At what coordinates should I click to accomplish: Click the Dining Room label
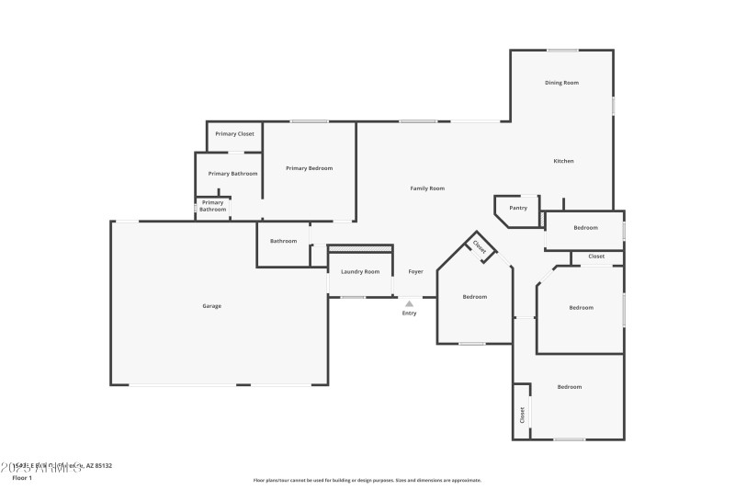coord(561,83)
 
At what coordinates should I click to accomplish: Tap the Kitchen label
coord(563,161)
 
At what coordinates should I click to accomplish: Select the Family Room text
coord(427,188)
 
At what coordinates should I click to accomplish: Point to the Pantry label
coord(518,208)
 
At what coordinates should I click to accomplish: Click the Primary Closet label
coord(234,134)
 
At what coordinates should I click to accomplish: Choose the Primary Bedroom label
coord(309,168)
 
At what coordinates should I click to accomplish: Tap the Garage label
coord(212,306)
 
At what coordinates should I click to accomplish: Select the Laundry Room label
coord(360,272)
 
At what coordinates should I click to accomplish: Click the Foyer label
coord(416,272)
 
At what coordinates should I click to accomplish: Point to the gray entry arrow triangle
coord(409,302)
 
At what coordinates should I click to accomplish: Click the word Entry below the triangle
coord(409,313)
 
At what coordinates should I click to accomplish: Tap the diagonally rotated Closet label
coord(479,246)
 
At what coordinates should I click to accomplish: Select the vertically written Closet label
coord(523,415)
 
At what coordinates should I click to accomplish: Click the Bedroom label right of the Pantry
coord(585,228)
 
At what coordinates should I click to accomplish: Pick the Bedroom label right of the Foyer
coord(475,297)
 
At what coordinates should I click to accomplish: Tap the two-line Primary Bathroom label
coord(212,206)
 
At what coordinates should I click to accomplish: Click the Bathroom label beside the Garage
coord(283,241)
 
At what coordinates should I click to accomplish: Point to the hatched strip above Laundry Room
coord(360,248)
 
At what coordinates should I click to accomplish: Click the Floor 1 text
coord(21,478)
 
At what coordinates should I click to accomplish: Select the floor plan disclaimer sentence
coord(367,480)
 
